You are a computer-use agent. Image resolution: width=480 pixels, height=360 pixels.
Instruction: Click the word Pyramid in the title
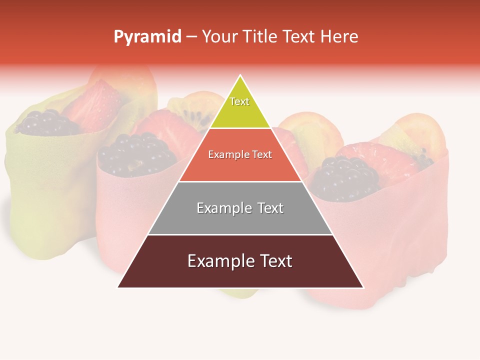[x=147, y=37]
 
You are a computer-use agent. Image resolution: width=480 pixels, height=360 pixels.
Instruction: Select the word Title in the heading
[x=259, y=36]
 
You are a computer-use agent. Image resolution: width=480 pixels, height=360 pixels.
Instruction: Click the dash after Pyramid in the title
[x=191, y=37]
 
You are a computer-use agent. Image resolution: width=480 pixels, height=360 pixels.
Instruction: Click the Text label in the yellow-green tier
[x=239, y=101]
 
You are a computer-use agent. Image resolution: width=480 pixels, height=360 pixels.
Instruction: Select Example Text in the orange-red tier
[x=240, y=154]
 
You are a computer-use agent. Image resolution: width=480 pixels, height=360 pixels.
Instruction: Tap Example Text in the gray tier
[x=240, y=208]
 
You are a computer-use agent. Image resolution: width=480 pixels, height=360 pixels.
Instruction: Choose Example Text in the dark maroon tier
[x=240, y=261]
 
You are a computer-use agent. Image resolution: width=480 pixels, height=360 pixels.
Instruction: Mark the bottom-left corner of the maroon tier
[x=117, y=287]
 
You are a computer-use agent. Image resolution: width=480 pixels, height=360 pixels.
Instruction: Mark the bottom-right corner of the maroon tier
[x=363, y=287]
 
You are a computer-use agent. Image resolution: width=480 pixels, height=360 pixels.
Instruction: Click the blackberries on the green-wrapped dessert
[x=45, y=122]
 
